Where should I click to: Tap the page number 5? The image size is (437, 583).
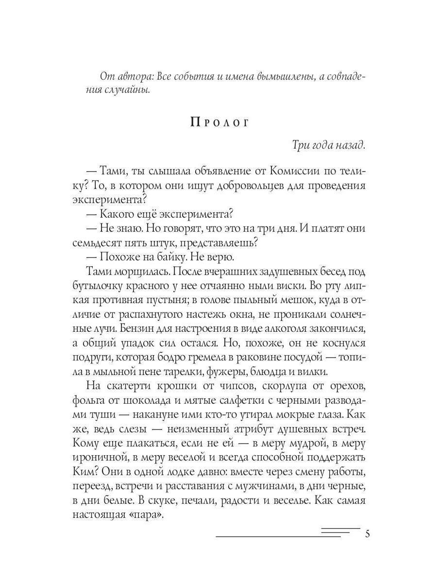point(367,534)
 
